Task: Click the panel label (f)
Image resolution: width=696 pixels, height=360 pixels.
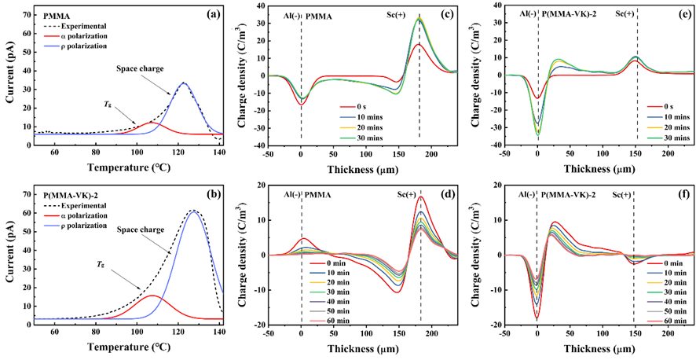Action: [678, 193]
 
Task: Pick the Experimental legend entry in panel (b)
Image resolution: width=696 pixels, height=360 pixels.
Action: [82, 202]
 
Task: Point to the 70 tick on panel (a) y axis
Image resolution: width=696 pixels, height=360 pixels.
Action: [30, 14]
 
